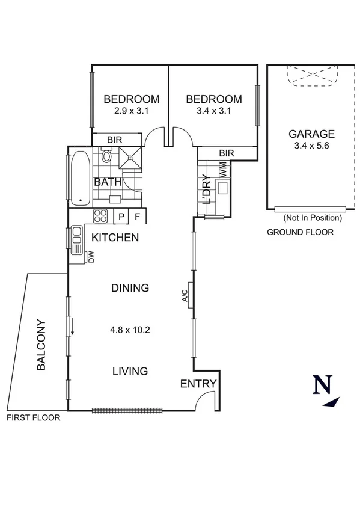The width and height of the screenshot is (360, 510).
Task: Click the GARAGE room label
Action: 311,134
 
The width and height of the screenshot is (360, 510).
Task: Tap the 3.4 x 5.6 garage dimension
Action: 311,146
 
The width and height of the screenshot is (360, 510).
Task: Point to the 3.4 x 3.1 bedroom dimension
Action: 214,111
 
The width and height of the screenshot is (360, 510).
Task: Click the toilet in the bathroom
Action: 107,157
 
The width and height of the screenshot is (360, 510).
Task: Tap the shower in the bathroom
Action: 129,157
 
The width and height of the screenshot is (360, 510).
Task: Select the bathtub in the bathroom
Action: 80,179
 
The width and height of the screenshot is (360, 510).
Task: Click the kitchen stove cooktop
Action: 100,216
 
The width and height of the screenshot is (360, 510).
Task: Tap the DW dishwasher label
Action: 91,257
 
